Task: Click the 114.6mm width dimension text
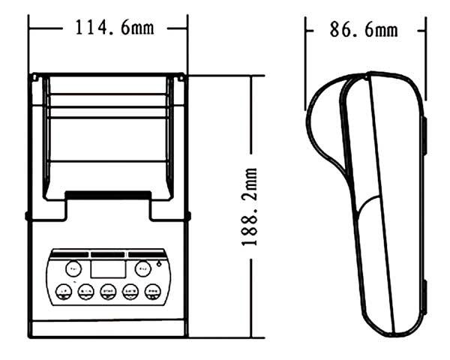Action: [113, 28]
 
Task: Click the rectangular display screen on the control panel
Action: [106, 268]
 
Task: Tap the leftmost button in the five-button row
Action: [64, 292]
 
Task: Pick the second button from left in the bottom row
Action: [85, 292]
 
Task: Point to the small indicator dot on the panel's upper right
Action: [159, 264]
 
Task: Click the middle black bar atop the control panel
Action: [107, 252]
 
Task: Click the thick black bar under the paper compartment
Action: [107, 195]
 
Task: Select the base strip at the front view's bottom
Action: [107, 328]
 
